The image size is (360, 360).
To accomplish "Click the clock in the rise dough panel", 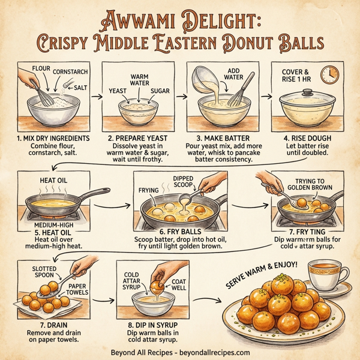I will pos(330,75).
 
